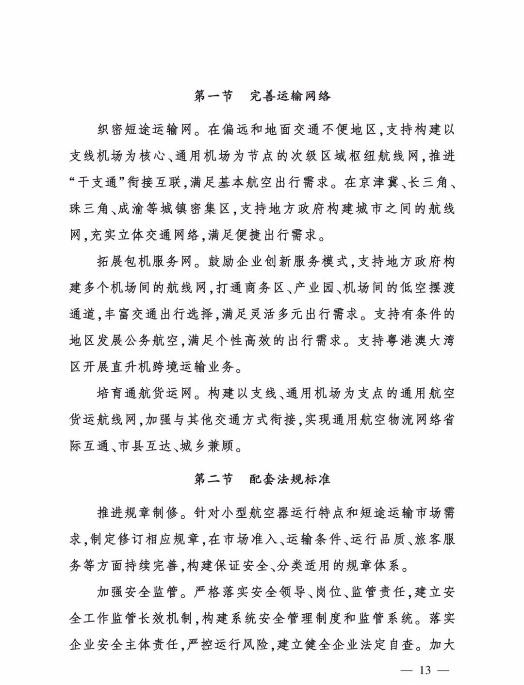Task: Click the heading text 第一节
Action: [x=213, y=96]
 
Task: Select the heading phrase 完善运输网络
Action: [x=290, y=96]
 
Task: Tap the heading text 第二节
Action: [x=213, y=479]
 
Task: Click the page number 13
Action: [x=425, y=670]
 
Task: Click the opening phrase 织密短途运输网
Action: [x=145, y=130]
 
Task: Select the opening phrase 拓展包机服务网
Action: [x=145, y=262]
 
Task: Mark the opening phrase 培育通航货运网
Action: [x=145, y=393]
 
